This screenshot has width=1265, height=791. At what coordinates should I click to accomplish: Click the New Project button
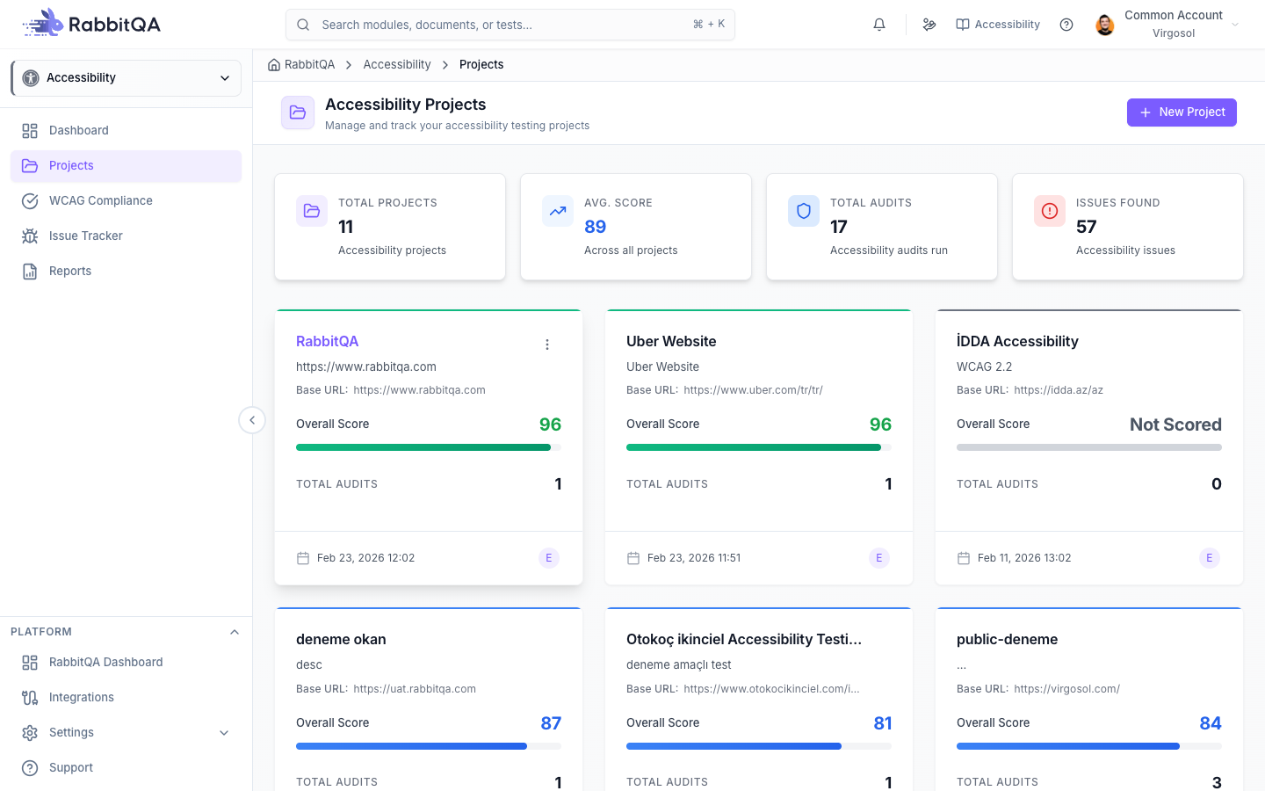click(1182, 112)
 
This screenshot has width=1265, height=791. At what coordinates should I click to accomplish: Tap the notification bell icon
click(879, 25)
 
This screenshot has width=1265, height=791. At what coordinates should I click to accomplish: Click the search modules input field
click(510, 25)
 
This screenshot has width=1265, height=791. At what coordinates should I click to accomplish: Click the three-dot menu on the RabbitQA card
click(546, 345)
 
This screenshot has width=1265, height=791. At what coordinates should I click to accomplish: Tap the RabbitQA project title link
click(327, 341)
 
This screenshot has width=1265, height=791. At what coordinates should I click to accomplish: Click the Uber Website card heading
click(671, 341)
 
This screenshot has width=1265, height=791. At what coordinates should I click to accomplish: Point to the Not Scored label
click(1175, 425)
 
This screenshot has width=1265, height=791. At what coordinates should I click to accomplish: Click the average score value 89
click(596, 227)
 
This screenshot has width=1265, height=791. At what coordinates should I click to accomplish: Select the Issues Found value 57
click(1086, 227)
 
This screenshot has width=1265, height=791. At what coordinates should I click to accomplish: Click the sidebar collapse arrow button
click(252, 420)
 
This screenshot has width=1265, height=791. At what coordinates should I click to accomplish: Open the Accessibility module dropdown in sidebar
click(126, 78)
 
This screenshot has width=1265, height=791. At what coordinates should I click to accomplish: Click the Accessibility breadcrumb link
click(397, 64)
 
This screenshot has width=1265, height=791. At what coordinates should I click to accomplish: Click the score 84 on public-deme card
click(1211, 723)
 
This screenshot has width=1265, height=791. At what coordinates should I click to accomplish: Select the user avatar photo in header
click(1104, 25)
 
